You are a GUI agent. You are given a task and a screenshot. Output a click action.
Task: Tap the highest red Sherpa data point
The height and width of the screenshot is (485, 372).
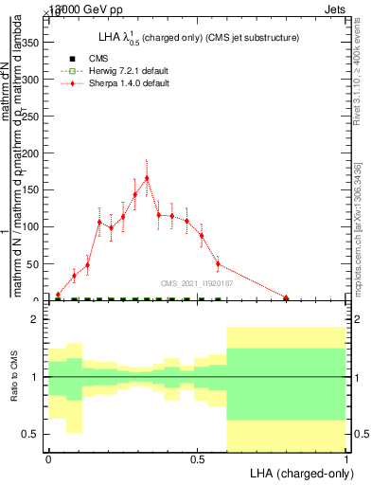pyautogui.click(x=147, y=178)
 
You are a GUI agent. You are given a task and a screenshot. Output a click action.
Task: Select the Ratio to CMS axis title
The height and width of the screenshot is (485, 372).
pyautogui.click(x=13, y=377)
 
